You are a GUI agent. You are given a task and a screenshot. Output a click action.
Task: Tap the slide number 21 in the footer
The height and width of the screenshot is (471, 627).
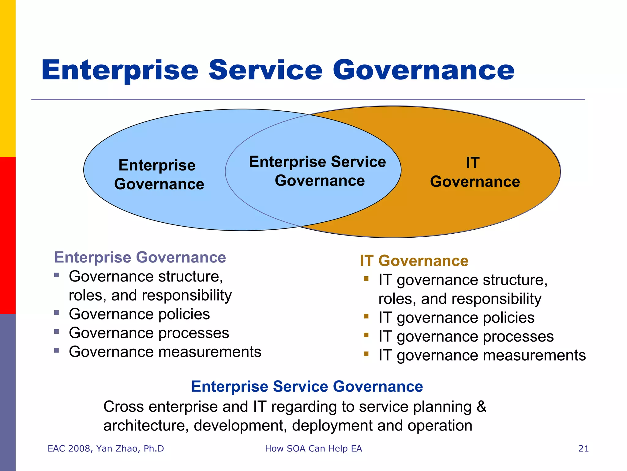tap(584, 449)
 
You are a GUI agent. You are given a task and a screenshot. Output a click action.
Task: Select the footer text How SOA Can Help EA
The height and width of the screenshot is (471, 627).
tap(313, 449)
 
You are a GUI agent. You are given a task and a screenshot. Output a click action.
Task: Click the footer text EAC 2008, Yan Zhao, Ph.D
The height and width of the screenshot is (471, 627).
tap(106, 449)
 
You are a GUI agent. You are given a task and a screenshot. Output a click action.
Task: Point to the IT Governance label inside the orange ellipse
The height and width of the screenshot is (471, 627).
tap(475, 172)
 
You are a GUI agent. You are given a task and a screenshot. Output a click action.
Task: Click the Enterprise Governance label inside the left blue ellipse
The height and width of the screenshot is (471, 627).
tap(159, 175)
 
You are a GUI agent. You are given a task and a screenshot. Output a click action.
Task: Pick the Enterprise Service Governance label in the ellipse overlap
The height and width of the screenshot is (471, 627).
tap(318, 171)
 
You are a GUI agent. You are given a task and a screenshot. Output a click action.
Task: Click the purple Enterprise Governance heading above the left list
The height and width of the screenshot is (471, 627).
tap(140, 257)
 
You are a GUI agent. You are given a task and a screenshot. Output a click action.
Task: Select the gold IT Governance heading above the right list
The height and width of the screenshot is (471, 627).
tap(414, 261)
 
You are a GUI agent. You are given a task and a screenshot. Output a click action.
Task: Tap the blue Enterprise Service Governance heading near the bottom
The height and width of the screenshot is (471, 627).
tap(307, 386)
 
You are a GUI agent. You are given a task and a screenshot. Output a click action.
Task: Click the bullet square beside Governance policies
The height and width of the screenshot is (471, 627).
tap(56, 313)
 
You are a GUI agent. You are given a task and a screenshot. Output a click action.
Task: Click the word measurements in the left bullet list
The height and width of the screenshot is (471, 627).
tap(209, 352)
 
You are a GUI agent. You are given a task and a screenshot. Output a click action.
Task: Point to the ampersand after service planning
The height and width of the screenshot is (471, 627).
tap(481, 407)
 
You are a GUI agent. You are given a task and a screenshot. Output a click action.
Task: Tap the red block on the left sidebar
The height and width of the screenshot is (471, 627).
tap(8, 235)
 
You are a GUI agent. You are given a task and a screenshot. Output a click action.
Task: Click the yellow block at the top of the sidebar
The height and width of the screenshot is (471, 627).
tap(8, 78)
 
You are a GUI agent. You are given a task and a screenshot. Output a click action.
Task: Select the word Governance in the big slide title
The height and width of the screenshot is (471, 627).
tap(423, 70)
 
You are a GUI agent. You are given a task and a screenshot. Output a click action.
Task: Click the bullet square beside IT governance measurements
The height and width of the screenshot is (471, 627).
tap(366, 354)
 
